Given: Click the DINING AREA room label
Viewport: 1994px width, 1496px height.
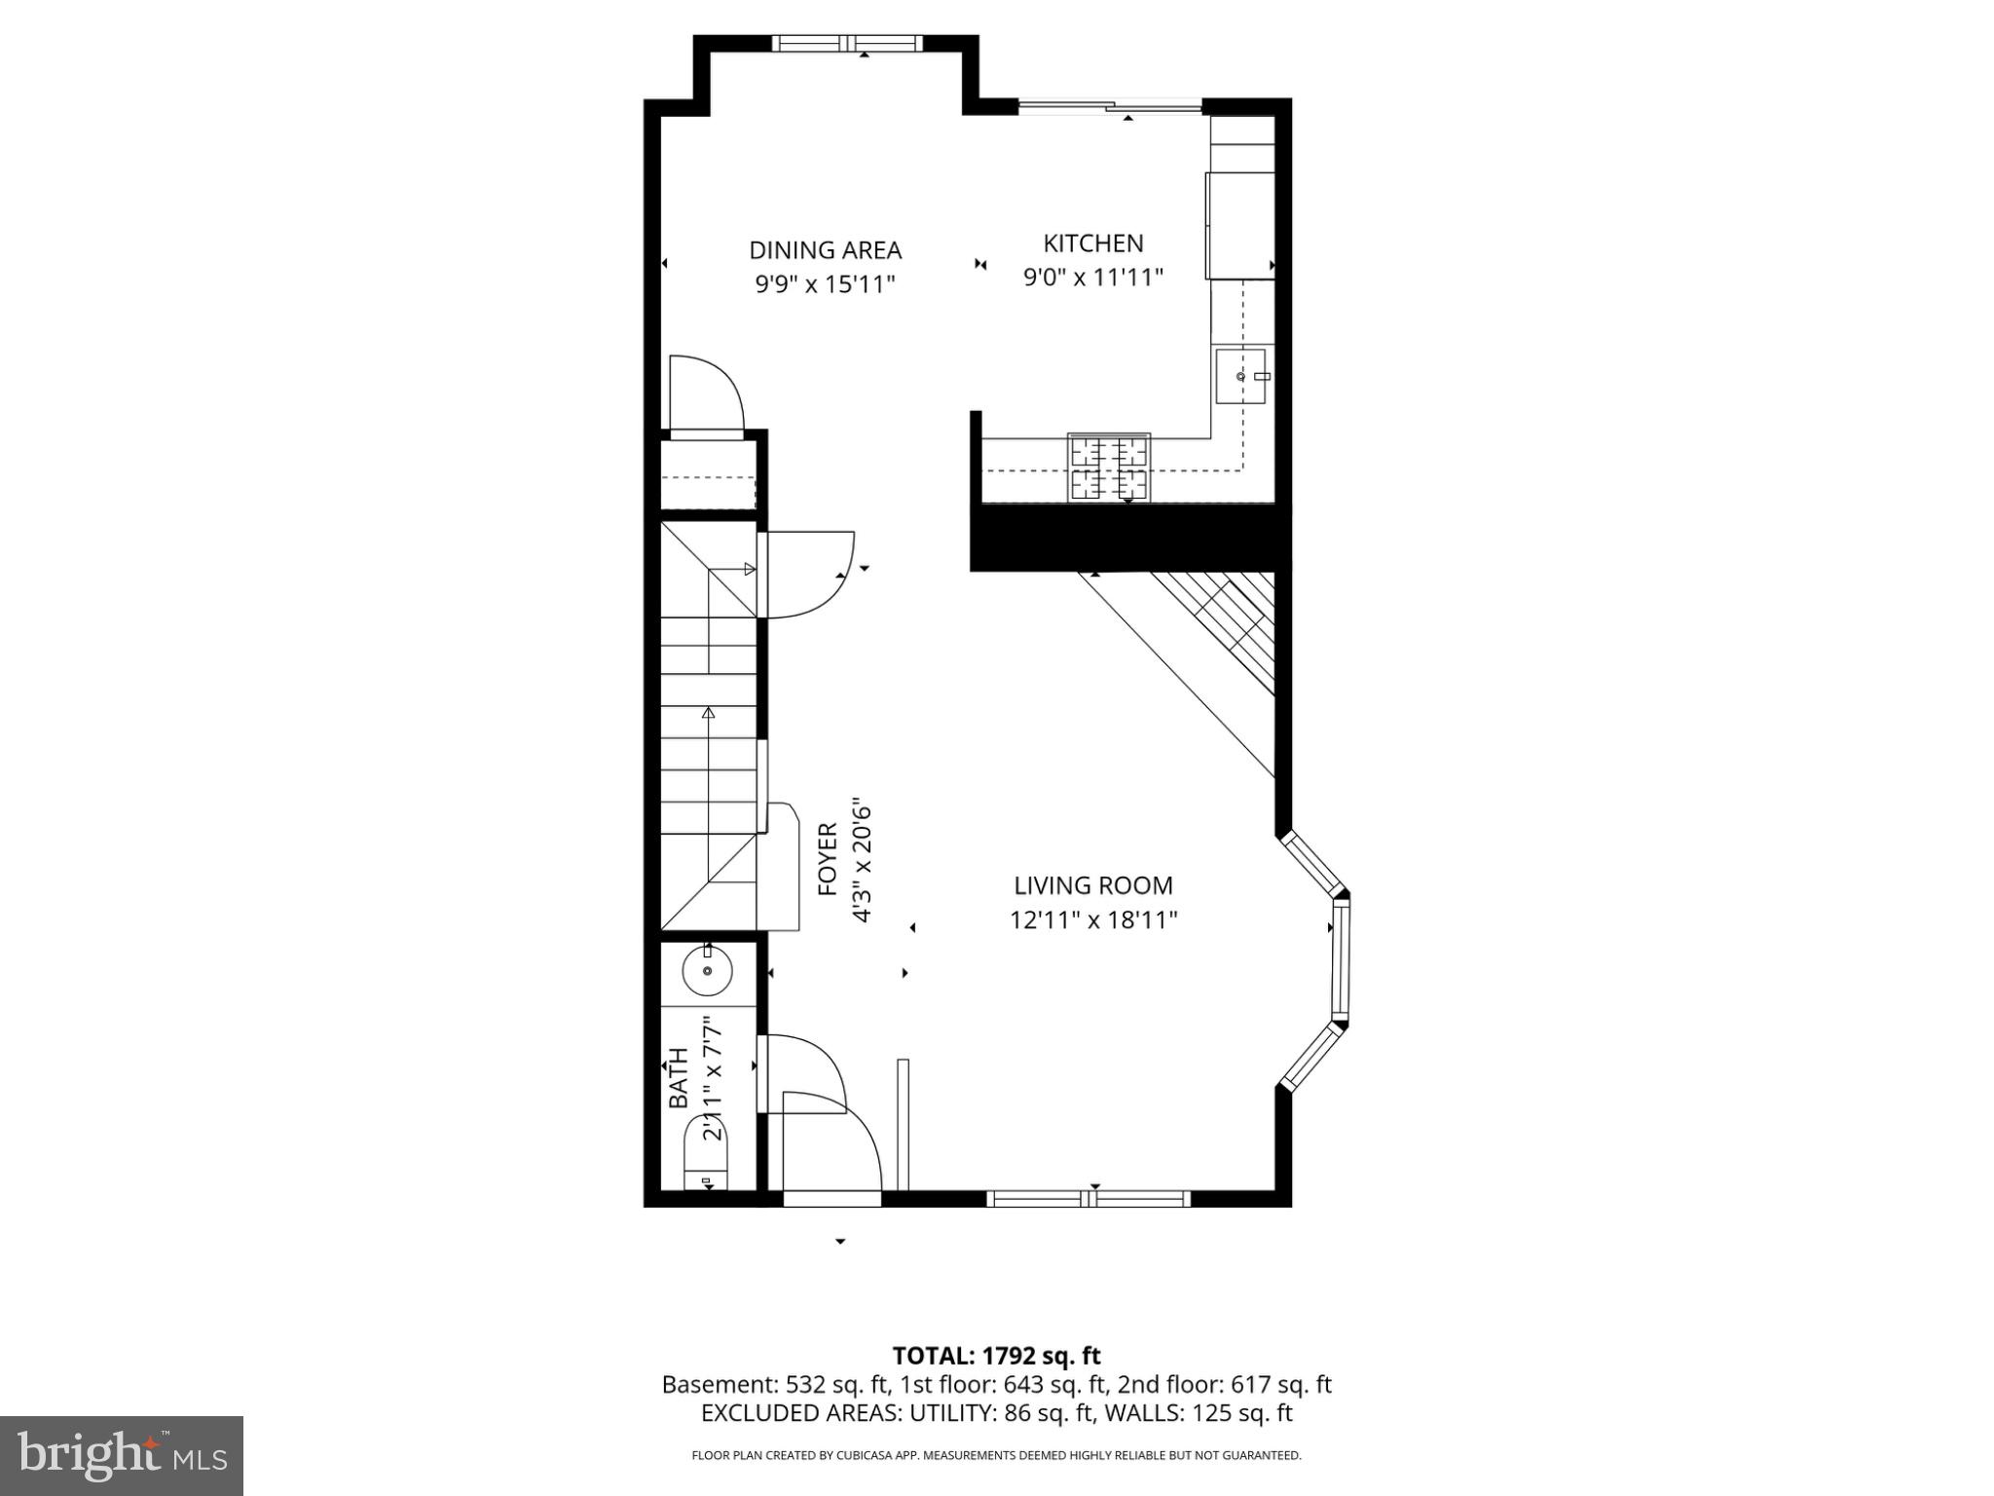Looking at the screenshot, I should tap(825, 250).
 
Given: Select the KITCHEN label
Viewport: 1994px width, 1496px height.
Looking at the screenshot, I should tap(1092, 243).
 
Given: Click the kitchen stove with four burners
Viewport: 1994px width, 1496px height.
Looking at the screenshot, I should tap(1109, 467).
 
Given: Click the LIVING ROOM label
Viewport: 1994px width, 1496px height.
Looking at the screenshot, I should tap(1092, 885).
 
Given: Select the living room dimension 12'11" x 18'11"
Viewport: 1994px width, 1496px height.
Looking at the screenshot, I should tap(1092, 920).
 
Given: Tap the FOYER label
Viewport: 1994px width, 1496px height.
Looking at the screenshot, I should tap(827, 859).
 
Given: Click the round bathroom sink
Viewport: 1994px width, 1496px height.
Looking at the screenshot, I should tap(707, 971).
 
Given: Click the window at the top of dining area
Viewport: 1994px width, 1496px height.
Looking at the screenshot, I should tap(846, 43).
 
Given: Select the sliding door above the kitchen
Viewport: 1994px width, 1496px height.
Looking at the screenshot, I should tap(1110, 106).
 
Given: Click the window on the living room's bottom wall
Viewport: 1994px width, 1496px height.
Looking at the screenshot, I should tap(1088, 1199).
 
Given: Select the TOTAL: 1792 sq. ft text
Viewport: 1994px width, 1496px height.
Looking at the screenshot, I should tap(996, 1356).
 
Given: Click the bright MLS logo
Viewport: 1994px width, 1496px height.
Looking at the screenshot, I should tap(121, 1455).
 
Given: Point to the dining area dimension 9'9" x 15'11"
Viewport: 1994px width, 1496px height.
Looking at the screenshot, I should tap(825, 285).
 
